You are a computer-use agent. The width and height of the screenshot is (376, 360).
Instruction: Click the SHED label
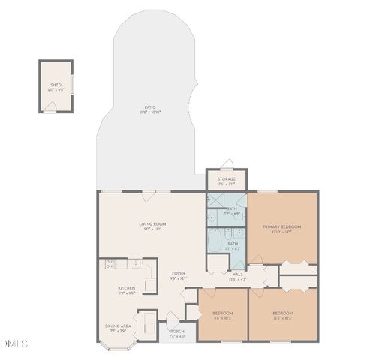point(56,85)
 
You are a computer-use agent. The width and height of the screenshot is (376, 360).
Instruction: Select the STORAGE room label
point(227,179)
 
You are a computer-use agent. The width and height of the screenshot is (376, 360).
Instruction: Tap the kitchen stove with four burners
point(110,264)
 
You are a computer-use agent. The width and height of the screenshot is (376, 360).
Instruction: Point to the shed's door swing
point(50,106)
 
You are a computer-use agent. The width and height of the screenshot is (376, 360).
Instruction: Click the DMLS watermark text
point(14,343)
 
